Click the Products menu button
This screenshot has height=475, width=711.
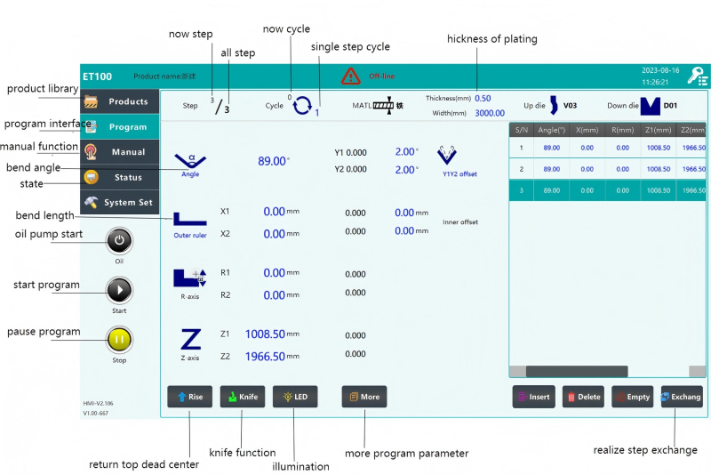tap(120, 101)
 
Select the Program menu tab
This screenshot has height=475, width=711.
tap(120, 126)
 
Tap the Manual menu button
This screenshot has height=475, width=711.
tap(120, 152)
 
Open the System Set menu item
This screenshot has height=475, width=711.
tap(120, 202)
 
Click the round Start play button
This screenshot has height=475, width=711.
tap(119, 290)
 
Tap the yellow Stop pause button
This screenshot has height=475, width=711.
tap(119, 339)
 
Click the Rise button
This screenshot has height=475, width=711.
tap(189, 397)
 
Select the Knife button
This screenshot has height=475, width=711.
tap(242, 397)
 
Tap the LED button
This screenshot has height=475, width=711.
tap(295, 397)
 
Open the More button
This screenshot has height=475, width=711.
tap(364, 397)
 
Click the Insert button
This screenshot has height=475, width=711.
tap(534, 397)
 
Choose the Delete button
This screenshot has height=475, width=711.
tap(583, 397)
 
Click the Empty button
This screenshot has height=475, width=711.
tap(633, 397)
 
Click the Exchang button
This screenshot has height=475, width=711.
tap(682, 397)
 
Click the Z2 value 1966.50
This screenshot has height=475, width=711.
tap(266, 356)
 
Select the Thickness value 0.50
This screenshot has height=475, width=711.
tap(483, 98)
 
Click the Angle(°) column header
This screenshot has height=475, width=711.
tap(552, 130)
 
